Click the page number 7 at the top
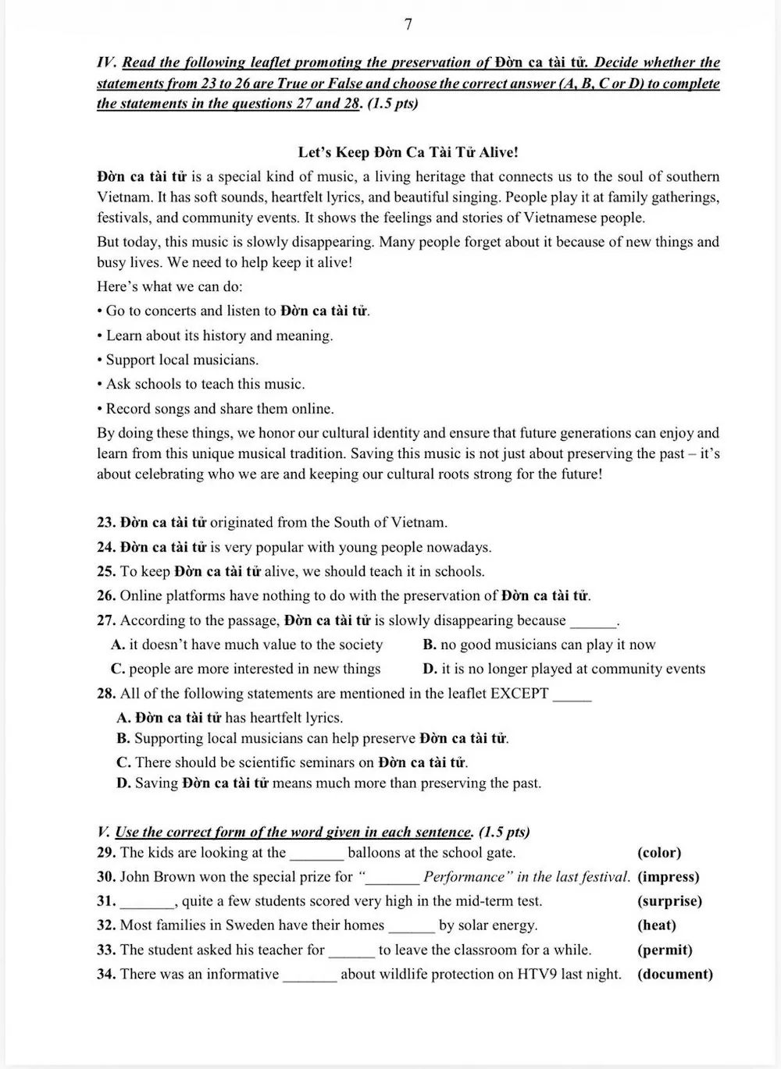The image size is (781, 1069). coord(408,25)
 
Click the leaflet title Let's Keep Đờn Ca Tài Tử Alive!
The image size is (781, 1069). coord(408,153)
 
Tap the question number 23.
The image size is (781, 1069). coord(106,523)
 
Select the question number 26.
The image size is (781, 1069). coord(106,596)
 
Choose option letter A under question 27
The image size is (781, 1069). coord(118,645)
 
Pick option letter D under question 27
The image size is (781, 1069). coord(430,669)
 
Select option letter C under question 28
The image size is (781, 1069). coord(123,762)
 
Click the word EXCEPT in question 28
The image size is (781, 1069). coord(519,694)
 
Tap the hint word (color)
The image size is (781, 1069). coord(659,853)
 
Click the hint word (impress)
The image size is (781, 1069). coord(669,877)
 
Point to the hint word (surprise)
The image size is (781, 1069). coord(670,901)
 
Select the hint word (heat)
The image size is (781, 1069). coord(657,925)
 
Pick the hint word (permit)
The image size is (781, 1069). coord(665,950)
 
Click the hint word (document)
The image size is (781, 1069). coord(676,975)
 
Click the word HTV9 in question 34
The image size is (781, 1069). coord(537,975)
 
